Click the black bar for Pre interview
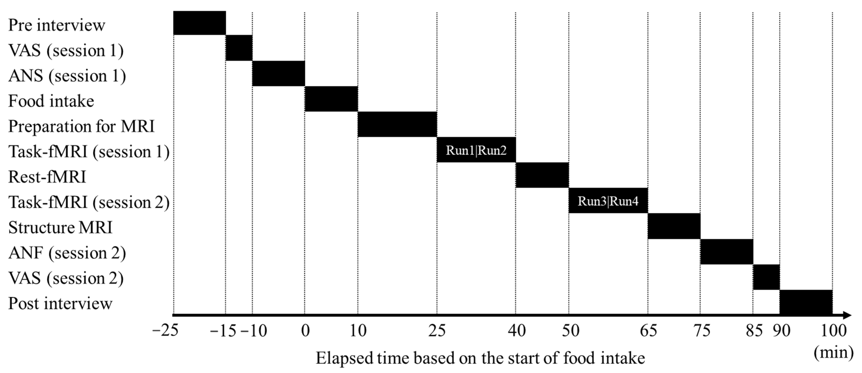click(199, 23)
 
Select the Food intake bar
click(331, 99)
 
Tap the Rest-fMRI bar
click(542, 175)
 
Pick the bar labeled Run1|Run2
click(476, 150)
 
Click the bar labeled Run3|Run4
click(608, 201)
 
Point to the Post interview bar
click(806, 302)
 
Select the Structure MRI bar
click(674, 226)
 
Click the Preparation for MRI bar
click(397, 124)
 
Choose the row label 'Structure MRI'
click(60, 228)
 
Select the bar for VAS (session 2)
click(766, 277)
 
